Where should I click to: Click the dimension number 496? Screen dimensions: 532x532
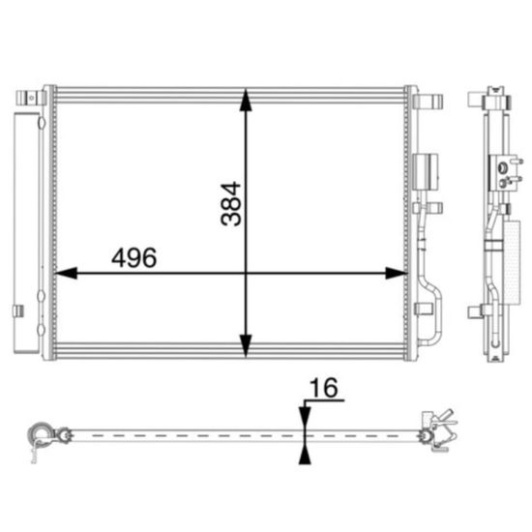click(134, 257)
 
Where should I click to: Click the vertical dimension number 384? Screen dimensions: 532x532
click(231, 204)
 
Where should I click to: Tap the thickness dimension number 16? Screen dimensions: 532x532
click(324, 388)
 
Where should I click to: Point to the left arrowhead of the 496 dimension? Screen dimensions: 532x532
click(66, 273)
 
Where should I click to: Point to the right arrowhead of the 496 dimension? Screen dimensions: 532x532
click(397, 273)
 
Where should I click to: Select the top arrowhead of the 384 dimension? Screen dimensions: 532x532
click(246, 100)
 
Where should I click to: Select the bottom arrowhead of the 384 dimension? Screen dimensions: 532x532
click(246, 345)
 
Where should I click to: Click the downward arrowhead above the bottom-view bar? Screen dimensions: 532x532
click(305, 417)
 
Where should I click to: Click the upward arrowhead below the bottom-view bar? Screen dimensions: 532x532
click(305, 455)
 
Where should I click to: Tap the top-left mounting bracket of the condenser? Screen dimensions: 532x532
click(31, 98)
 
